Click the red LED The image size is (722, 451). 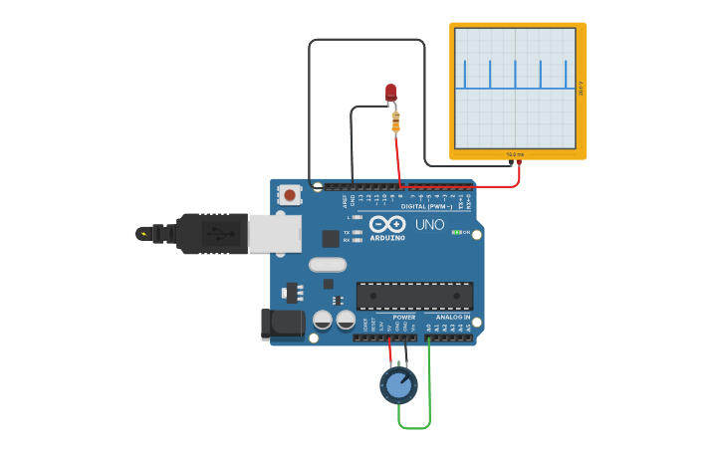point(390,92)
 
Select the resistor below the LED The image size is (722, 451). point(395,121)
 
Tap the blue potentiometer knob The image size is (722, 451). point(399,385)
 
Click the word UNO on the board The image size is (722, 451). point(429,225)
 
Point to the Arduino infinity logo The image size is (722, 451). point(387,225)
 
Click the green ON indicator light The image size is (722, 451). point(456,232)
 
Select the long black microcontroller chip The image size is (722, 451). point(414,296)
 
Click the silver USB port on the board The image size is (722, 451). point(275,234)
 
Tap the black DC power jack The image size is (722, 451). point(282,324)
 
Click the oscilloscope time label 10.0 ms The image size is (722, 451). point(514,154)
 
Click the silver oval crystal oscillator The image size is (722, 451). point(327,265)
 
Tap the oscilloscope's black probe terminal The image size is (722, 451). point(510,161)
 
